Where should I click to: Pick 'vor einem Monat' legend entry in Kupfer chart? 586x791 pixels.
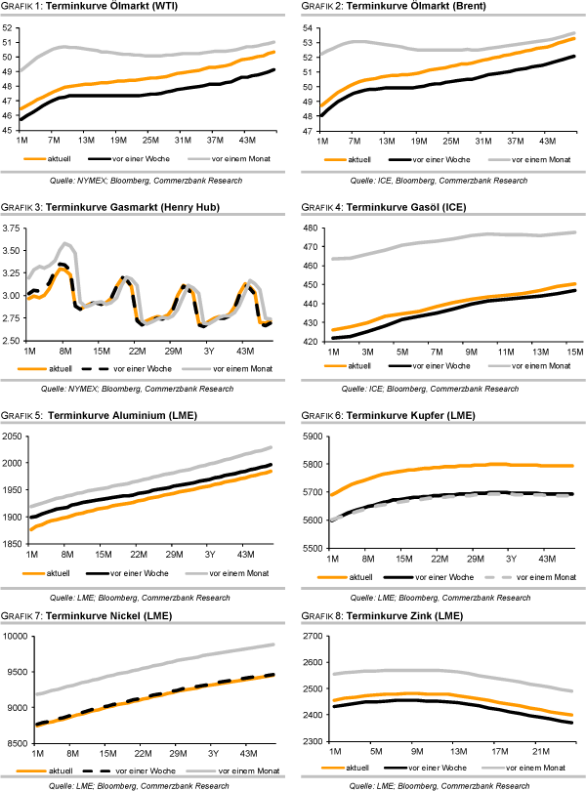545,576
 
